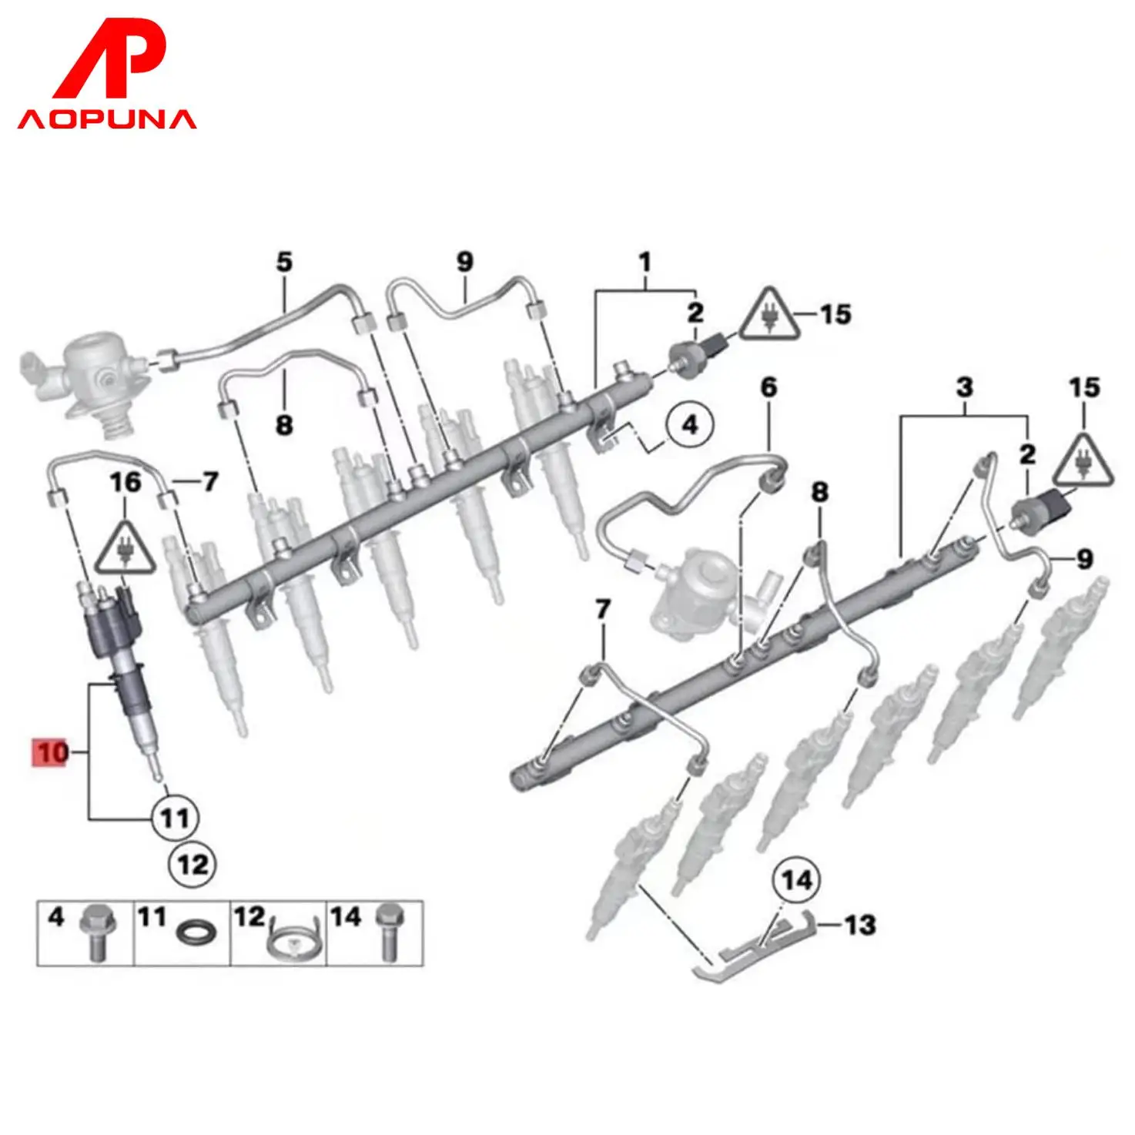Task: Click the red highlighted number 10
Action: pyautogui.click(x=51, y=752)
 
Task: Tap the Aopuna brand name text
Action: pyautogui.click(x=107, y=119)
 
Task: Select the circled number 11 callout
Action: pyautogui.click(x=173, y=817)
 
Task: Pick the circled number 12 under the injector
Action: pyautogui.click(x=192, y=864)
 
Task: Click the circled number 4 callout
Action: pyautogui.click(x=690, y=424)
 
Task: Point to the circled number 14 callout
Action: pyautogui.click(x=797, y=879)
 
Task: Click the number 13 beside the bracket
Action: pyautogui.click(x=859, y=924)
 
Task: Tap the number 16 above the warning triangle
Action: pyautogui.click(x=126, y=483)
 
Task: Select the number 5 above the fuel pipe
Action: pyautogui.click(x=285, y=263)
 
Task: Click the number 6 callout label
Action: pyautogui.click(x=769, y=387)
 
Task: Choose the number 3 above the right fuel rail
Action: pyautogui.click(x=965, y=387)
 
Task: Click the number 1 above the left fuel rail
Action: pyautogui.click(x=645, y=263)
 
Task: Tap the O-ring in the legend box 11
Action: pyautogui.click(x=196, y=934)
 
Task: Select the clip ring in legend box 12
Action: pyautogui.click(x=291, y=941)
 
